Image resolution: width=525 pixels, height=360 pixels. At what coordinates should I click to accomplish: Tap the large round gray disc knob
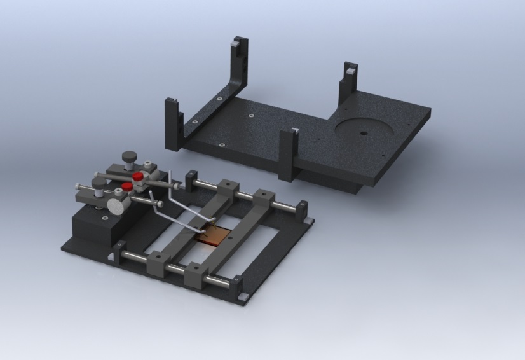116,205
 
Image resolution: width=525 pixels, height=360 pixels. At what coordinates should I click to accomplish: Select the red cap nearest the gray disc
127,187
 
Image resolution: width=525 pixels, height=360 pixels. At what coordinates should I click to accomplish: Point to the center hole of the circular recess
362,134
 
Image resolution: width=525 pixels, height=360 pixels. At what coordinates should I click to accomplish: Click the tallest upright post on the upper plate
238,67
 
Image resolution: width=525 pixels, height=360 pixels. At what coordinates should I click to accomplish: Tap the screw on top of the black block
102,218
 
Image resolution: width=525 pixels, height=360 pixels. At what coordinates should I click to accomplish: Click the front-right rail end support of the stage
236,283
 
